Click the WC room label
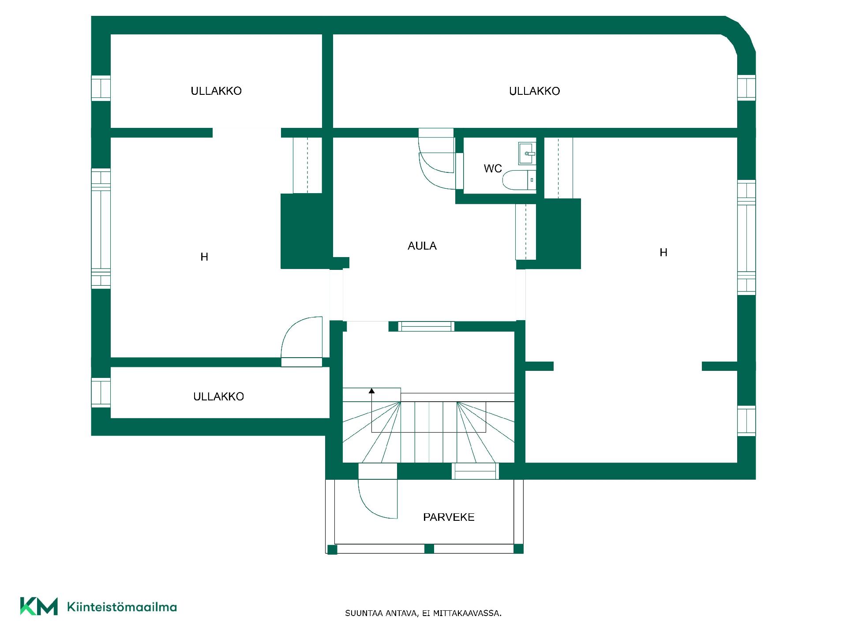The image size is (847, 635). click(x=493, y=168)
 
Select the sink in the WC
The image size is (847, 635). click(x=527, y=153)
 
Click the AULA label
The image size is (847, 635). click(x=422, y=246)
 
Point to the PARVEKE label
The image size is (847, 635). click(x=449, y=517)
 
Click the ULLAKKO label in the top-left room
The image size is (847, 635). click(x=216, y=91)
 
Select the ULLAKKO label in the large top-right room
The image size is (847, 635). click(x=535, y=91)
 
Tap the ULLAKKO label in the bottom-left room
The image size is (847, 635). click(x=218, y=396)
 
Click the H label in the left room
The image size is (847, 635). click(x=204, y=257)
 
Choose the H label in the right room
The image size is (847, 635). click(x=663, y=253)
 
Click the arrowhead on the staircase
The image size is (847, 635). click(x=372, y=391)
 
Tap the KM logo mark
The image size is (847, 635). click(x=39, y=606)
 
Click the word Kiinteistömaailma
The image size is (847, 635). click(x=122, y=607)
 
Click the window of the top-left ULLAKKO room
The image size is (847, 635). click(x=101, y=88)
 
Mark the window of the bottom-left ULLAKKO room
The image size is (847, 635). click(x=101, y=392)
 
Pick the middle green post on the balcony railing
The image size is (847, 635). click(x=429, y=549)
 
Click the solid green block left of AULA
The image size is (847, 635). click(x=306, y=231)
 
